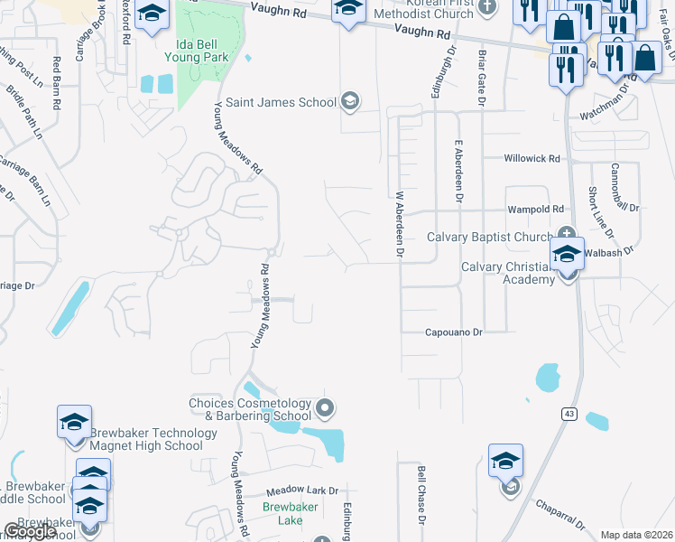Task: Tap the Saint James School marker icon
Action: [x=349, y=101]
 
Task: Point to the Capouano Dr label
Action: [x=455, y=332]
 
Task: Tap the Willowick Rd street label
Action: [x=532, y=158]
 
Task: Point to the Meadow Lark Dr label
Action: [x=301, y=491]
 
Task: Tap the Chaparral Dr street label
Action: [x=560, y=515]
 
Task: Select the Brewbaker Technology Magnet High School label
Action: [x=153, y=439]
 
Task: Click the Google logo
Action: [x=30, y=531]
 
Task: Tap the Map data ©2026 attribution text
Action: [x=636, y=535]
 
